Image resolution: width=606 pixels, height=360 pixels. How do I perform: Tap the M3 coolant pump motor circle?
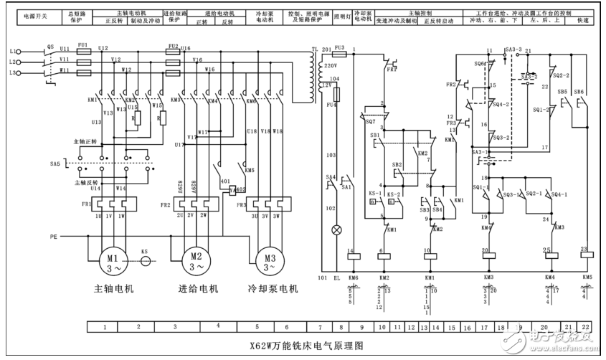click(268, 262)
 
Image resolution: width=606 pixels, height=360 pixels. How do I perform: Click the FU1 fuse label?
click(83, 44)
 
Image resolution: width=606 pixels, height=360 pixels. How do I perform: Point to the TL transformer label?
click(314, 49)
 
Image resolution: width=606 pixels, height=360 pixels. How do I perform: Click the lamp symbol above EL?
click(334, 231)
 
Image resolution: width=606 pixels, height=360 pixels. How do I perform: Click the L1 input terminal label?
click(12, 52)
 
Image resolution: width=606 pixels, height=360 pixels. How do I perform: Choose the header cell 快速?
click(581, 22)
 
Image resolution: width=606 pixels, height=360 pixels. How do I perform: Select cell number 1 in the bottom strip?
click(106, 326)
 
